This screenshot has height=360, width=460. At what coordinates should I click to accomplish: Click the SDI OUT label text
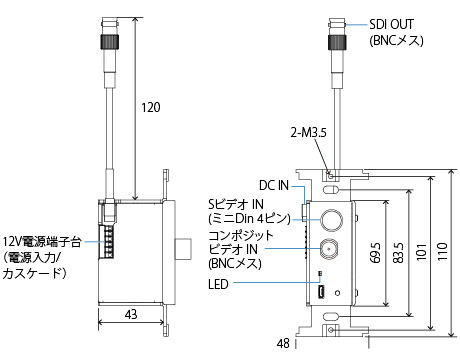pyautogui.click(x=391, y=24)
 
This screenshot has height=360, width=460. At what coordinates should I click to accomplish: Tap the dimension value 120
pyautogui.click(x=151, y=107)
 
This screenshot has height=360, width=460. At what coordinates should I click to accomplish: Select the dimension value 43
pyautogui.click(x=131, y=314)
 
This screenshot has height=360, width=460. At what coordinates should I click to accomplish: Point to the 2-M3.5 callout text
pyautogui.click(x=308, y=133)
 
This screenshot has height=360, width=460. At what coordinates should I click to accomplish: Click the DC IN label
pyautogui.click(x=274, y=186)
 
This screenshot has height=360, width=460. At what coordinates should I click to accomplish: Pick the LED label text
pyautogui.click(x=218, y=284)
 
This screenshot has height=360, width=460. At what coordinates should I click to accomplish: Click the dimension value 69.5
pyautogui.click(x=375, y=253)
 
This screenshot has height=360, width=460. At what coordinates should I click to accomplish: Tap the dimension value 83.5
pyautogui.click(x=398, y=253)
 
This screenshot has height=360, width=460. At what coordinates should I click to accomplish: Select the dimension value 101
pyautogui.click(x=421, y=252)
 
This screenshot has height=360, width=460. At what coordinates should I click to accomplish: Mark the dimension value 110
pyautogui.click(x=442, y=252)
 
